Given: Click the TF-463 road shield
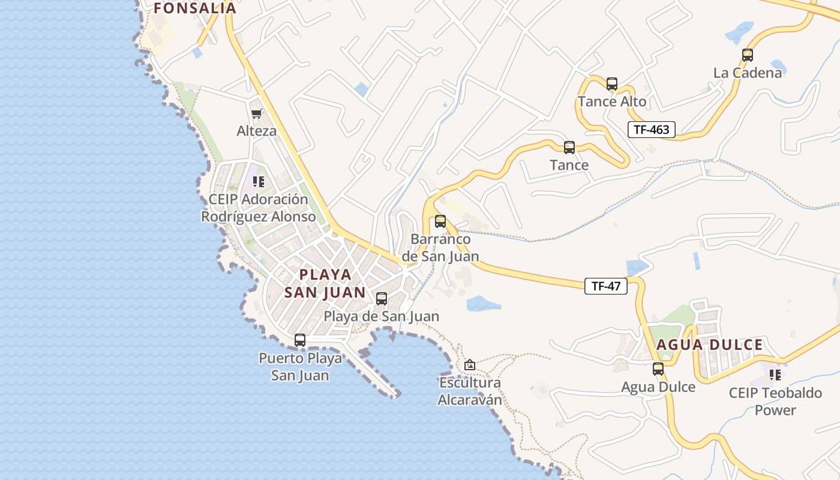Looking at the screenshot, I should (652, 129).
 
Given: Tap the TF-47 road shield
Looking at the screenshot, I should (606, 286).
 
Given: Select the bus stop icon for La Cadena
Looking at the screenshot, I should (748, 55).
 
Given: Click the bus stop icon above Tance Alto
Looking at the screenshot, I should (612, 84).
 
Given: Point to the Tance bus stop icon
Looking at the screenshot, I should (569, 148).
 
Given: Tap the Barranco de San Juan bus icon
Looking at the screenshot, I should (440, 221).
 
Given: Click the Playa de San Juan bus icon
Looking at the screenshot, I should (382, 299).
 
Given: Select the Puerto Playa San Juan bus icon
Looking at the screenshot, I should (300, 340).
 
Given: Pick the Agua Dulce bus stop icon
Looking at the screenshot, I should (658, 369).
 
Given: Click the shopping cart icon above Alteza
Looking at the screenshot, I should (257, 113).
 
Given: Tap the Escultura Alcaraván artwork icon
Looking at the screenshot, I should (470, 365).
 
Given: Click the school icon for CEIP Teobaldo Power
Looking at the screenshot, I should (775, 375).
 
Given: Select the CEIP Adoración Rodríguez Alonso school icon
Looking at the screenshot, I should (259, 181).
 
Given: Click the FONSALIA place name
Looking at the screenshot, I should (195, 8).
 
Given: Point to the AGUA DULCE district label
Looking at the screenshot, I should (709, 345).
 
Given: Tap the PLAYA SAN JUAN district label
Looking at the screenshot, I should (325, 283).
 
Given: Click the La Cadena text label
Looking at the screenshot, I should (748, 73).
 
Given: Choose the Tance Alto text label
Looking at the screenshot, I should (612, 101).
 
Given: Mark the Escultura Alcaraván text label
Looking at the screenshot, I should (470, 391).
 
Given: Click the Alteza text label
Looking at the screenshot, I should (257, 131).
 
